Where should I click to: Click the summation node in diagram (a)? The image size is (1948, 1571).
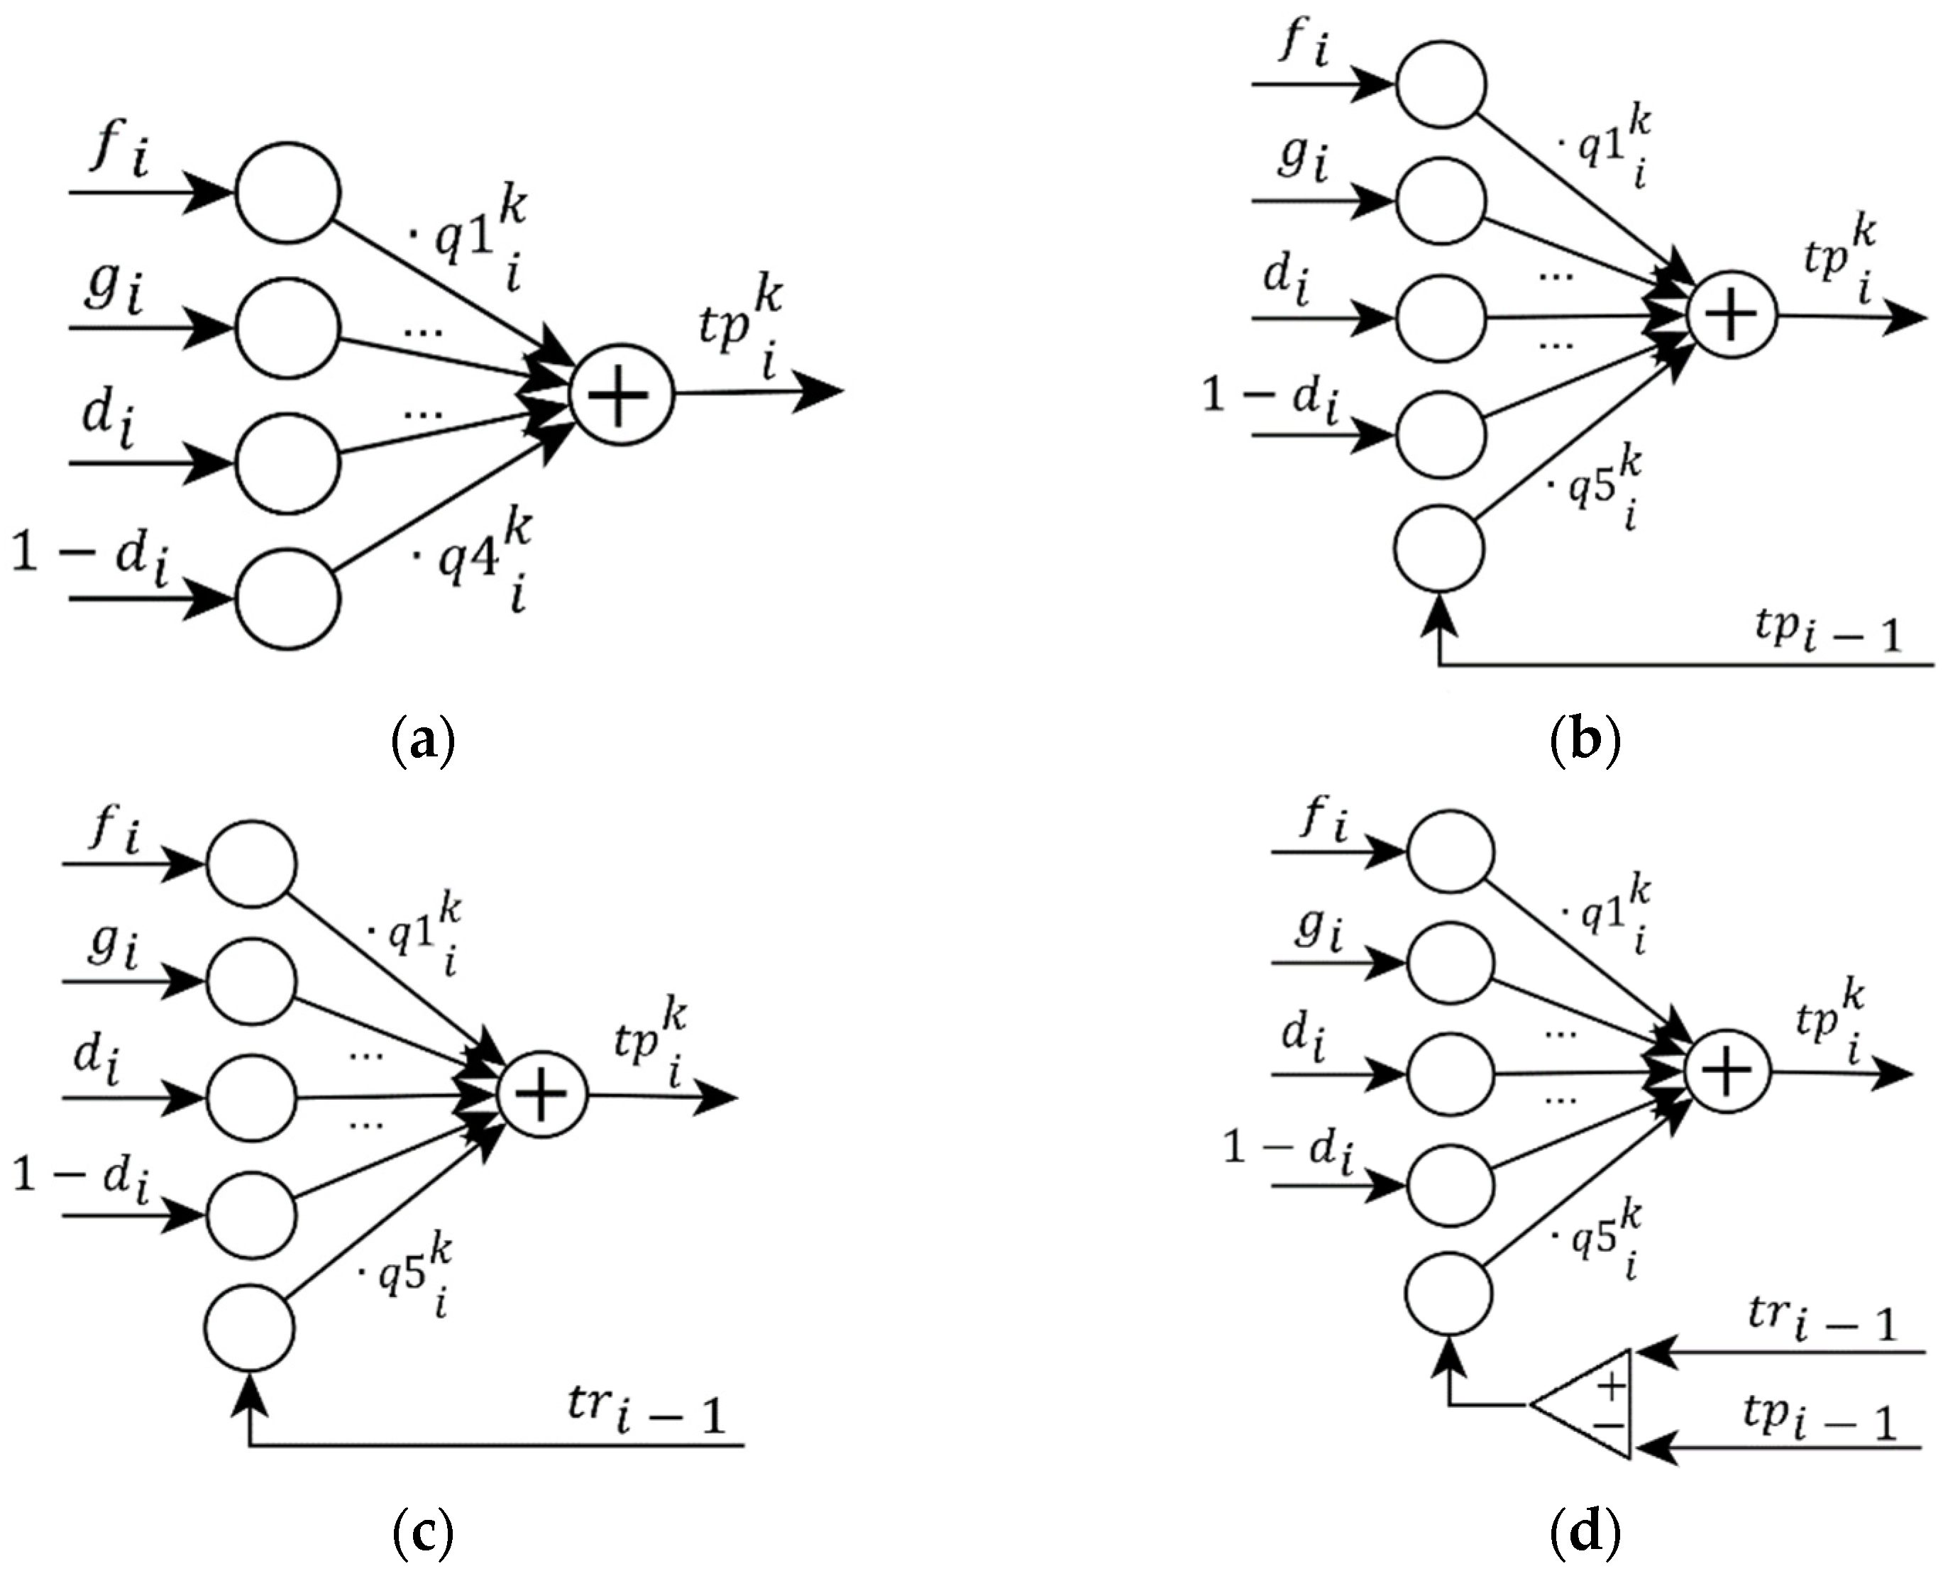point(622,394)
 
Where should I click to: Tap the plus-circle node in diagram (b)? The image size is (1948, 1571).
point(1732,316)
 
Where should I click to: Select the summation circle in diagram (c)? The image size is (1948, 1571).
point(542,1096)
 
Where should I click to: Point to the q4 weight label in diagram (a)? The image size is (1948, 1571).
point(471,561)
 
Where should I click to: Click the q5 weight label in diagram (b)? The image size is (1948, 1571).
point(1597,489)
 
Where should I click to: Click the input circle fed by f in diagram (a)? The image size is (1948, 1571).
point(288,193)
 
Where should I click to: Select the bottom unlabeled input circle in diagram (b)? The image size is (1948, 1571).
point(1439,549)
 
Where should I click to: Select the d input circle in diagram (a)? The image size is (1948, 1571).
point(288,463)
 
